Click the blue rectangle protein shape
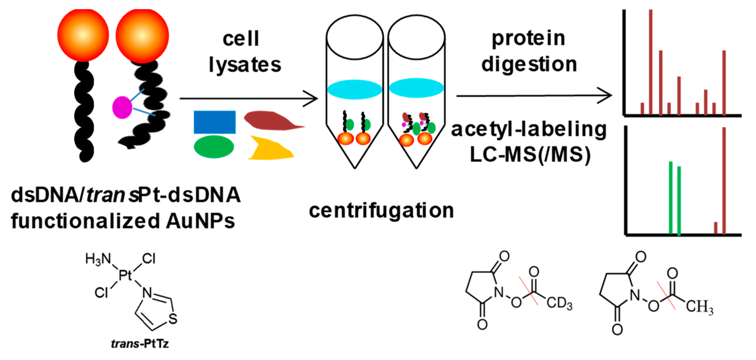tap(214, 122)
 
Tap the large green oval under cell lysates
tap(214, 147)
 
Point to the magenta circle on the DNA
tap(122, 107)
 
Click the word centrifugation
tap(381, 210)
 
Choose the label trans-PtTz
tap(140, 344)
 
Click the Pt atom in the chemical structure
tap(125, 275)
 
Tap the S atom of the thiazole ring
tap(172, 319)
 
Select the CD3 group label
tap(559, 303)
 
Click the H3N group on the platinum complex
tap(98, 259)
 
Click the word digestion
tap(529, 65)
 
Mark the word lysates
tap(245, 65)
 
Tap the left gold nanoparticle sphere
tap(83, 35)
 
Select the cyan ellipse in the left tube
tap(355, 89)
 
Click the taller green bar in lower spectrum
tap(671, 198)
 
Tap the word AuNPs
tap(200, 221)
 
